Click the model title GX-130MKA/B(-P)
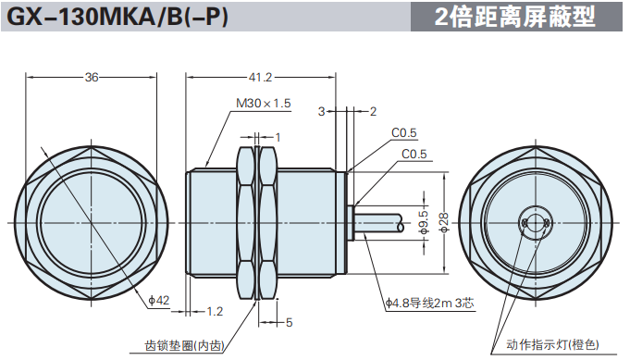117,17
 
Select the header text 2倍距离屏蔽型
514,17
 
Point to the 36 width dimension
92,77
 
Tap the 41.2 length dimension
260,77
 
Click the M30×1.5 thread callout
263,104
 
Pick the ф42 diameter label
159,300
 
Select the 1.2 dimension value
215,311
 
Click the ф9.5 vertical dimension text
424,222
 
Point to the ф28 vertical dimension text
443,222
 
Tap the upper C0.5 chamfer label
403,133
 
